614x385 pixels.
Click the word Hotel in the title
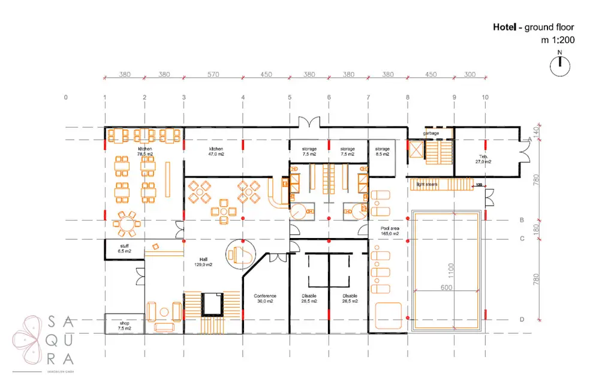point(504,27)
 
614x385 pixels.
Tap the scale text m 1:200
point(557,40)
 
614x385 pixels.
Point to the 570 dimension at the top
point(213,75)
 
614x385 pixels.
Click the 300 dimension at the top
point(469,75)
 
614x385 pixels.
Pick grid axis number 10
point(485,97)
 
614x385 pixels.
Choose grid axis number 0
point(66,97)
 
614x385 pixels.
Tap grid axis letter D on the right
point(522,320)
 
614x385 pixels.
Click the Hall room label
point(204,259)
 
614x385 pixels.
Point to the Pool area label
point(390,229)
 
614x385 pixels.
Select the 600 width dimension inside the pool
point(446,287)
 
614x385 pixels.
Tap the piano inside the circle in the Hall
point(242,254)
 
